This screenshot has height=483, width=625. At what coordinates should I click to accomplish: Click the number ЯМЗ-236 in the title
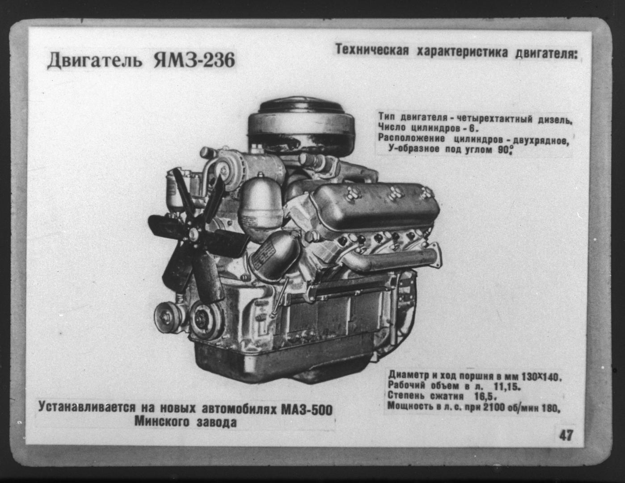click(194, 60)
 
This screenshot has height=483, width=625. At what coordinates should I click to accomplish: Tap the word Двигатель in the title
click(94, 61)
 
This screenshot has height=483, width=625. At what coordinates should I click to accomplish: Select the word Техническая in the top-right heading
click(372, 51)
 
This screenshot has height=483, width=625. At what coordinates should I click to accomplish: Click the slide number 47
click(566, 436)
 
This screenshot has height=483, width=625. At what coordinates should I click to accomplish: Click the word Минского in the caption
click(162, 422)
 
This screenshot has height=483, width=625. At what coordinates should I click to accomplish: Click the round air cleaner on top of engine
click(301, 126)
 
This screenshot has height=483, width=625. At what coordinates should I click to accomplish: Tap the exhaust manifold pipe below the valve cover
click(392, 260)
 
